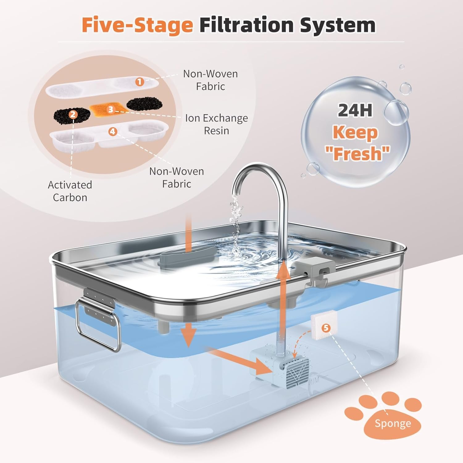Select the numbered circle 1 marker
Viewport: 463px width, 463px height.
tap(140, 82)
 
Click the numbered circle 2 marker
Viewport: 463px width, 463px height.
tap(73, 115)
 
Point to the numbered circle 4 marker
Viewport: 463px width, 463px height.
tap(113, 132)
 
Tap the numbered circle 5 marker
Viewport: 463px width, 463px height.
tap(326, 328)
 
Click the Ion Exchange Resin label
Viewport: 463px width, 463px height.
tap(216, 124)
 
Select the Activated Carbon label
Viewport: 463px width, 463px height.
tap(70, 191)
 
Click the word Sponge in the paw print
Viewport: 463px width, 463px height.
tap(393, 423)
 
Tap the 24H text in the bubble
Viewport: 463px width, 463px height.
tap(355, 110)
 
